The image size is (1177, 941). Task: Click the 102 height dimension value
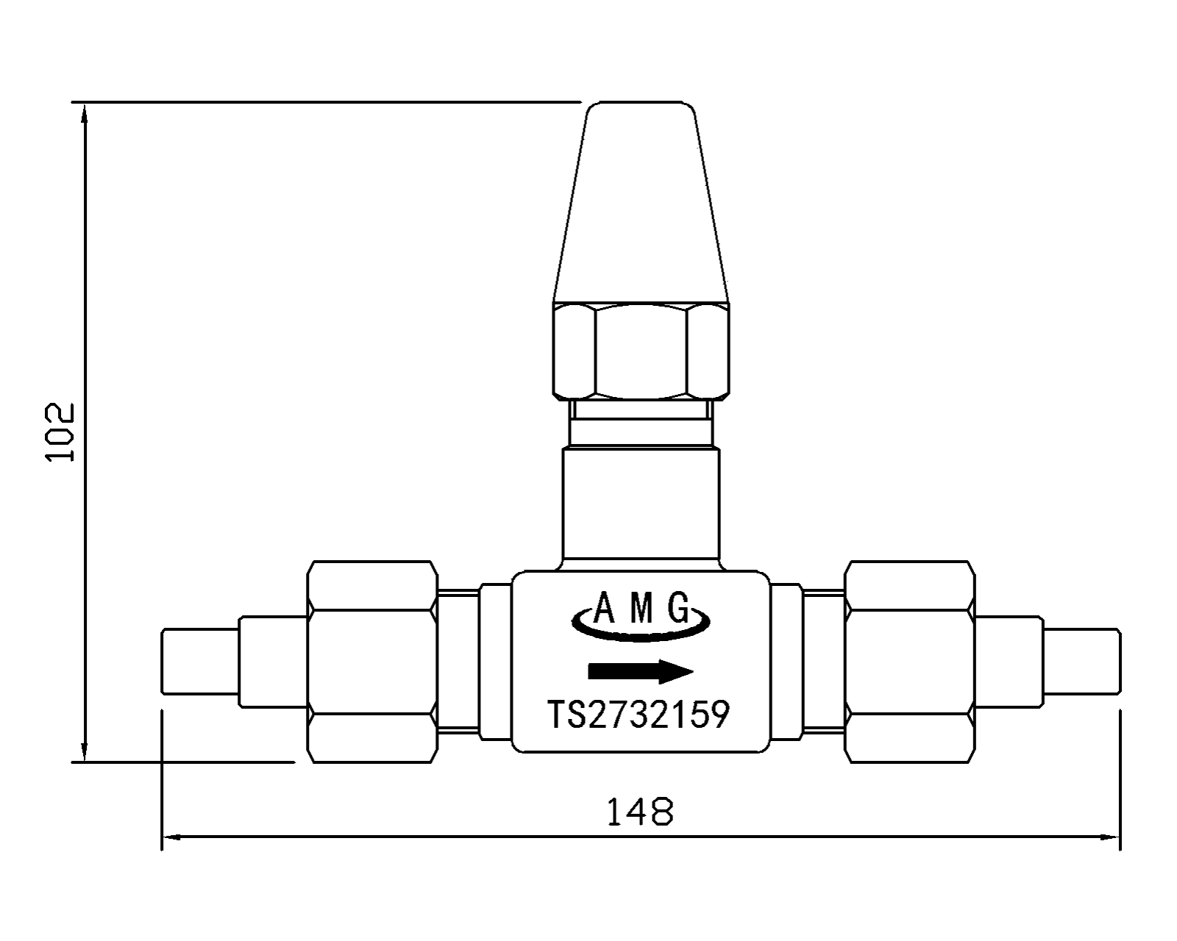click(x=60, y=432)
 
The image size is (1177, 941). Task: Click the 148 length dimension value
click(x=640, y=812)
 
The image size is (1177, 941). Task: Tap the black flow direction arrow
click(x=641, y=671)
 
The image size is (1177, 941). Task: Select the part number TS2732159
click(x=639, y=714)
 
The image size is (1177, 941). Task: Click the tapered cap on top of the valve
click(x=641, y=201)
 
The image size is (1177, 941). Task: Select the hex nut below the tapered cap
click(x=641, y=351)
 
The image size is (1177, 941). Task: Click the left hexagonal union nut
click(x=372, y=662)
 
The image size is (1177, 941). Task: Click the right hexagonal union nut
click(x=909, y=662)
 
